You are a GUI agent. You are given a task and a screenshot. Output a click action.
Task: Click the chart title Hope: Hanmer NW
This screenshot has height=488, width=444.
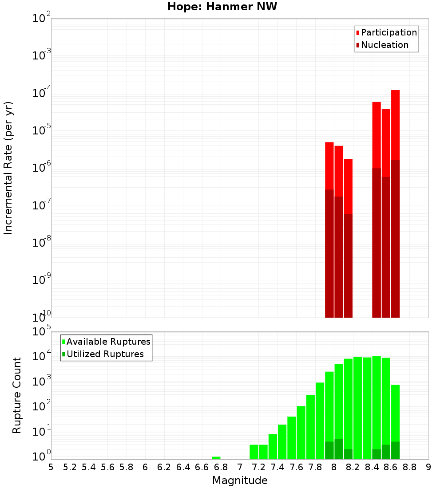[222, 7]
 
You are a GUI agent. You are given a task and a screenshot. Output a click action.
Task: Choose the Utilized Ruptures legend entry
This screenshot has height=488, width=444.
[105, 354]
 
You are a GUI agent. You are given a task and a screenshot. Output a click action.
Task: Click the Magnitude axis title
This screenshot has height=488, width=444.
[240, 480]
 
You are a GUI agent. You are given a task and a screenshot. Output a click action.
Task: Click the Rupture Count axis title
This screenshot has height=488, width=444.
[17, 395]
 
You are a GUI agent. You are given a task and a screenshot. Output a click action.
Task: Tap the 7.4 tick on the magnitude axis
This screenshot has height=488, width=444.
[277, 467]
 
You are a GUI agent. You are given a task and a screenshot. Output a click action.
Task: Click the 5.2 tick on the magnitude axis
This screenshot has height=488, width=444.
[70, 467]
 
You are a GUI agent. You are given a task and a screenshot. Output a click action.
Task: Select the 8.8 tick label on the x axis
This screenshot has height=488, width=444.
[410, 467]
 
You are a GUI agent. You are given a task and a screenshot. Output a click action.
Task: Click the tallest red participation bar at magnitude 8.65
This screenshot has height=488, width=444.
[395, 124]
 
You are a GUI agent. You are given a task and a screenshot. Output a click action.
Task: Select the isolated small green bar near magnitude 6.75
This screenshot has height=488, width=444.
[216, 458]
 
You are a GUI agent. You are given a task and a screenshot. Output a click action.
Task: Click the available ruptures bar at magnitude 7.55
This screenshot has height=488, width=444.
[292, 437]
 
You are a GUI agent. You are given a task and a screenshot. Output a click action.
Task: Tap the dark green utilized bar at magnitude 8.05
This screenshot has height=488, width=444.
[339, 449]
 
